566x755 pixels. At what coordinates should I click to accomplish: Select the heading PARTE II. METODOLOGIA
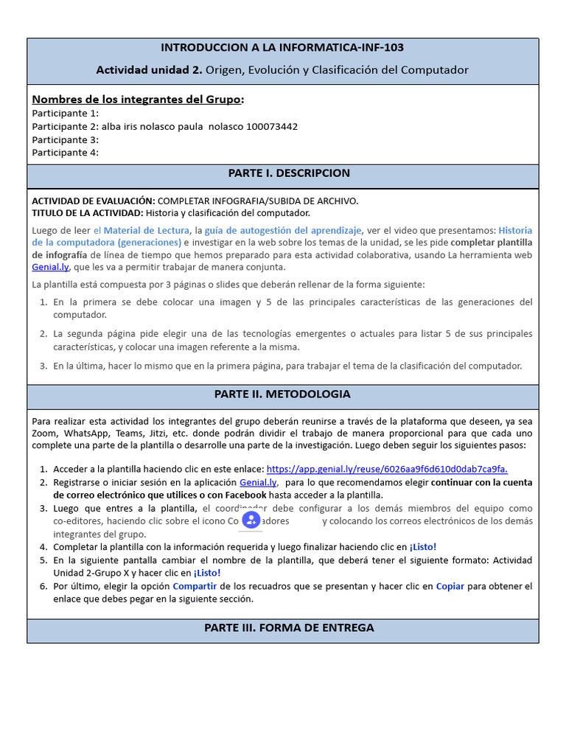(x=283, y=394)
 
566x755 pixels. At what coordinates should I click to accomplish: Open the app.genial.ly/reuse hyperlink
(x=387, y=469)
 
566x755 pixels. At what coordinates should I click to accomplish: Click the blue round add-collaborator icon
(x=251, y=521)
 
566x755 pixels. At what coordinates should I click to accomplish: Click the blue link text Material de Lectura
(x=147, y=230)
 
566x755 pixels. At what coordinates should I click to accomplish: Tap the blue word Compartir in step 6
(x=194, y=586)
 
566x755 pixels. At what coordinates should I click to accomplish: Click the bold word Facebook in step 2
(x=241, y=495)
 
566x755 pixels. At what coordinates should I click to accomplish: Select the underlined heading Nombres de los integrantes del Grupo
(x=138, y=100)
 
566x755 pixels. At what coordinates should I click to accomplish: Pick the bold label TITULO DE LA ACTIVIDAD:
(x=88, y=212)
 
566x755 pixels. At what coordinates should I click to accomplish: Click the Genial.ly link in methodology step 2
(x=258, y=482)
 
